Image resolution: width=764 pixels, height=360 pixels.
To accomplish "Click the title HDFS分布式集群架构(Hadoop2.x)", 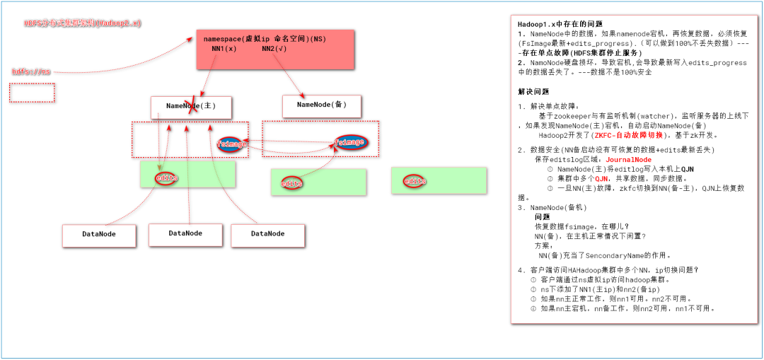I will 82,23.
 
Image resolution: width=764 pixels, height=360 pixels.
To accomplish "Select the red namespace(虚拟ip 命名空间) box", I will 274,50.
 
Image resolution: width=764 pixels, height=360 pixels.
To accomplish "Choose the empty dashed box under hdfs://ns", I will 32,93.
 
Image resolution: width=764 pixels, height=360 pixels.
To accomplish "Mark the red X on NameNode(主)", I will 191,107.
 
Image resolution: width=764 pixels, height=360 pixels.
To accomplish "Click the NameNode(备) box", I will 322,105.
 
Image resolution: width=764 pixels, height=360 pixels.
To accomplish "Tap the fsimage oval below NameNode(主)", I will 232,144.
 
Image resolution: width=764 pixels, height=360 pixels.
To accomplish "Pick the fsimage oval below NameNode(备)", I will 349,142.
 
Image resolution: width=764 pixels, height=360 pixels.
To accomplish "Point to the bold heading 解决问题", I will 533,92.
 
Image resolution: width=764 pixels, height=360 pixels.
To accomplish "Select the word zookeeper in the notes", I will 576,115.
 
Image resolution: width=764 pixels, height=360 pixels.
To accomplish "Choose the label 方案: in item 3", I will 544,245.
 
